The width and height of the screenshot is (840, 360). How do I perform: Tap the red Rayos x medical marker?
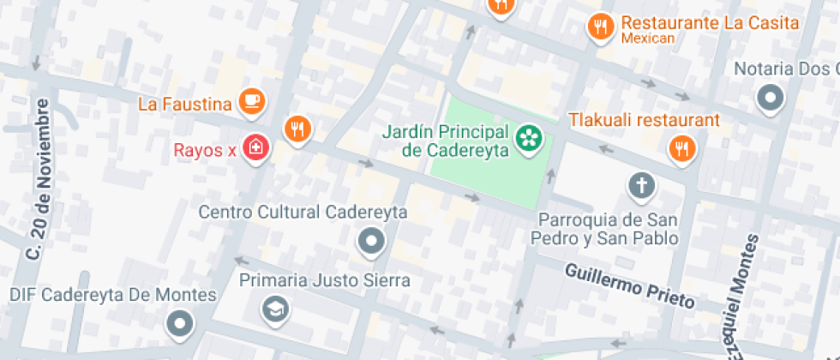(x=255, y=148)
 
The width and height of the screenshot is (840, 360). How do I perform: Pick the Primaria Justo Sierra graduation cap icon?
(x=276, y=308)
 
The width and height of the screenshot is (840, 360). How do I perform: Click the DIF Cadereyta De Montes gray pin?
(x=180, y=323)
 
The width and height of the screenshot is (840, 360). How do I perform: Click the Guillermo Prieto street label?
(x=629, y=286)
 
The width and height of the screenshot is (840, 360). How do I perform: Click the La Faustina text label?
(x=185, y=105)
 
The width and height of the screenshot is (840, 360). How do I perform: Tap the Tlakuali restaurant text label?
(x=644, y=120)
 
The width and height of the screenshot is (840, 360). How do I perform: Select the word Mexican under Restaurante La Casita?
(x=648, y=39)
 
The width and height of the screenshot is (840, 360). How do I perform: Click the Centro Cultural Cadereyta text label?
(x=303, y=212)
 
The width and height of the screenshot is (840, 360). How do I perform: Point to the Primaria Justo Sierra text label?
(x=324, y=280)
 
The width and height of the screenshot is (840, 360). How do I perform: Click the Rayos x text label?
(x=205, y=151)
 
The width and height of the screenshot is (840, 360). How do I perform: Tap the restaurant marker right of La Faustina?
(x=297, y=129)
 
